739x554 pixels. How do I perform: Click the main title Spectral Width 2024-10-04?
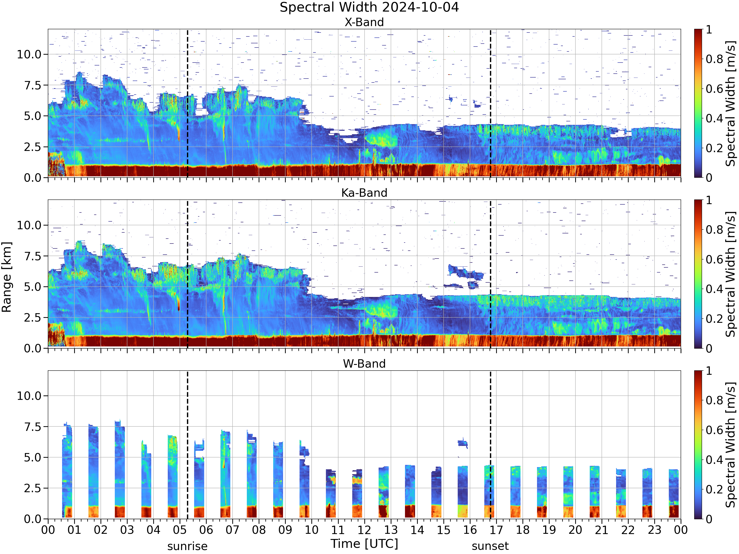(369, 7)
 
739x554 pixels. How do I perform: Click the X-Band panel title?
(364, 22)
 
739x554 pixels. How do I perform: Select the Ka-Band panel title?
(364, 193)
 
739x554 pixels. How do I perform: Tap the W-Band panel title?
(364, 364)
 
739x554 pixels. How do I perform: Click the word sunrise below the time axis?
(187, 546)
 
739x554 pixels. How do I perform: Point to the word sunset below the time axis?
(490, 546)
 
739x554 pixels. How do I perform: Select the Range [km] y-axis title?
(6, 277)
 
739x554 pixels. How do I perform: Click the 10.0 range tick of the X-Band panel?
(29, 54)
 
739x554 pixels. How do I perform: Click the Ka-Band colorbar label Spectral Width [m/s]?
(731, 274)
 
